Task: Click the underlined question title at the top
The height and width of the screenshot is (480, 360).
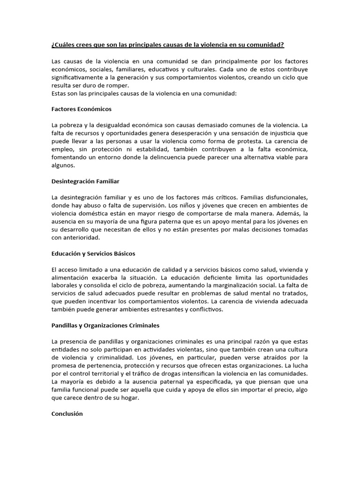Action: (167, 45)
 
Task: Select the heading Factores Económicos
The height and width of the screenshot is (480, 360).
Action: (81, 109)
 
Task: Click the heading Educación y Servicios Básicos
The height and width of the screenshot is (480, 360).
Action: (93, 253)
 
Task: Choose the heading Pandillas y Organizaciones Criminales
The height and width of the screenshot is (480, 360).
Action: (106, 325)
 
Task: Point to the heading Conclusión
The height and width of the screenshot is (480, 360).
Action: (67, 414)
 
